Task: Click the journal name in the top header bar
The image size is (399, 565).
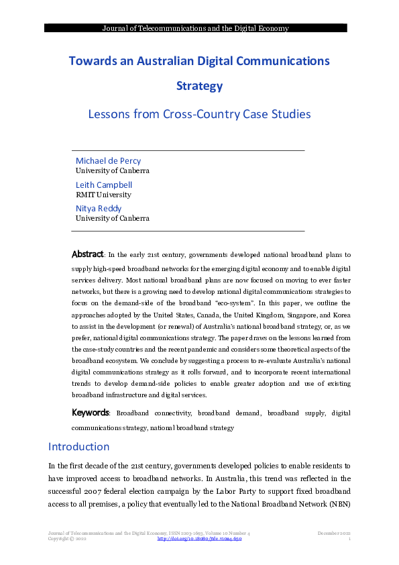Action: pyautogui.click(x=195, y=28)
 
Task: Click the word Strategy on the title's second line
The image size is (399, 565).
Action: pyautogui.click(x=199, y=86)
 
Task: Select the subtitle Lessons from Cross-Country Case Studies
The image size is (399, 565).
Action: pyautogui.click(x=199, y=114)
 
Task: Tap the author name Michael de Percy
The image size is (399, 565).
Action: pyautogui.click(x=108, y=161)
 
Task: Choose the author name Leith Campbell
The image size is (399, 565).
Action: pyautogui.click(x=104, y=185)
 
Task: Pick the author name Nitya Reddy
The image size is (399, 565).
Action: pyautogui.click(x=99, y=209)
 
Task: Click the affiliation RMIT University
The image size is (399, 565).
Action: pyautogui.click(x=103, y=195)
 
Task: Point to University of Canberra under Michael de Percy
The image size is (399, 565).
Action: pyautogui.click(x=112, y=170)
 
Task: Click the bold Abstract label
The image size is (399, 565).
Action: pyautogui.click(x=87, y=255)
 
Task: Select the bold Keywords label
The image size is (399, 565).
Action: pyautogui.click(x=90, y=413)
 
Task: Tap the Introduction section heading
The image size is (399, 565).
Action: pyautogui.click(x=78, y=447)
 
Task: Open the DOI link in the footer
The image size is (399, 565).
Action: pyautogui.click(x=199, y=539)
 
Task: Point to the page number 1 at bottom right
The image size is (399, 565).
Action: pyautogui.click(x=350, y=539)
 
